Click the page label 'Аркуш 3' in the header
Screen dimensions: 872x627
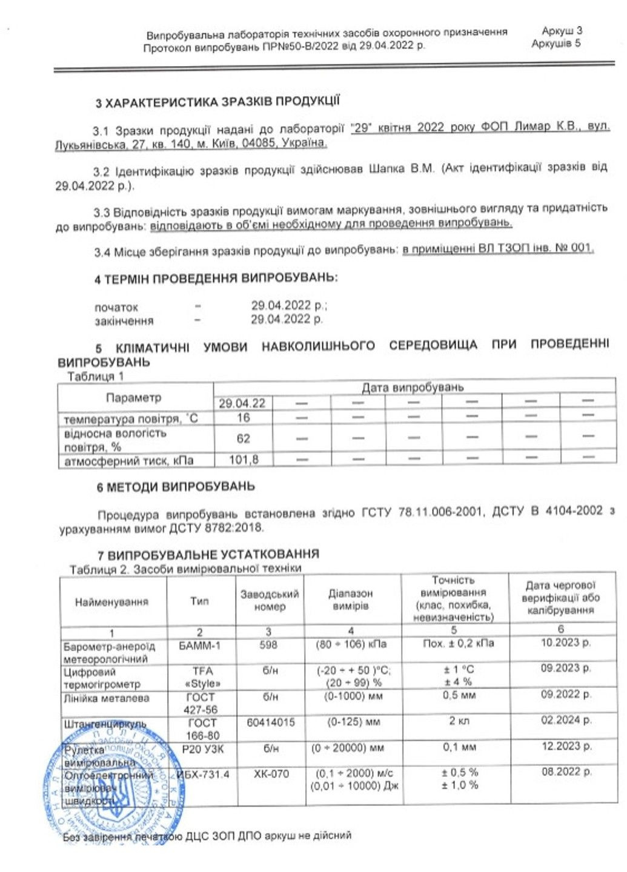coord(562,30)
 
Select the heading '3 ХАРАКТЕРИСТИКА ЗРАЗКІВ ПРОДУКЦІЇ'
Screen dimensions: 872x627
coord(217,102)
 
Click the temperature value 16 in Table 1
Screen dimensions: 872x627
coord(243,417)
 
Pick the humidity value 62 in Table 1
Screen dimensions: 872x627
coord(243,438)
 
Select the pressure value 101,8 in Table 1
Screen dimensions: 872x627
coord(243,460)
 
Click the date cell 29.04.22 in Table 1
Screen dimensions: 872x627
coord(242,403)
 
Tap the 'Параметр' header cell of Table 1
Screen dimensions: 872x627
coord(134,397)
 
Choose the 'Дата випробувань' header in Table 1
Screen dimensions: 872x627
coord(413,387)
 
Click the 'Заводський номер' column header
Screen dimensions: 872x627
coord(269,600)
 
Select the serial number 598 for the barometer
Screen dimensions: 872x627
coord(268,645)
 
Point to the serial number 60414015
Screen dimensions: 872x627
coord(270,722)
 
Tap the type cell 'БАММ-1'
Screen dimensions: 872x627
coord(200,646)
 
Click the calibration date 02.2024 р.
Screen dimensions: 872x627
coord(566,720)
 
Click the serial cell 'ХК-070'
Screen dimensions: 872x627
coord(271,774)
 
